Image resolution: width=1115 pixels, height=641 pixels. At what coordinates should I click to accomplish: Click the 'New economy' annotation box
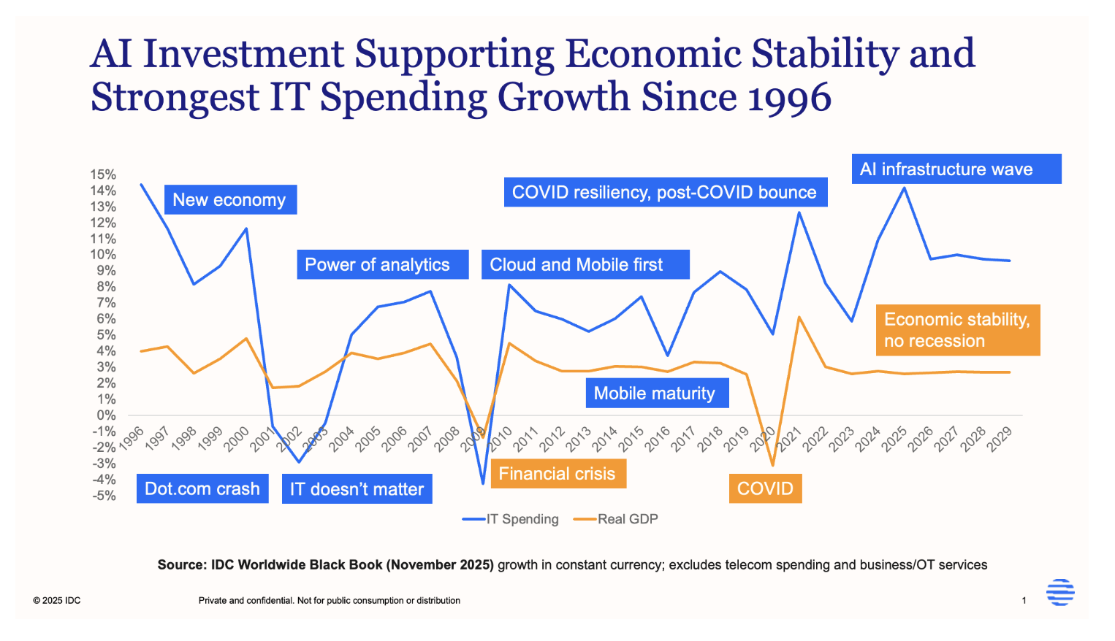pyautogui.click(x=229, y=200)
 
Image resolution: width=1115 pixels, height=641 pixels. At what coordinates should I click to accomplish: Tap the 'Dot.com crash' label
pyautogui.click(x=202, y=489)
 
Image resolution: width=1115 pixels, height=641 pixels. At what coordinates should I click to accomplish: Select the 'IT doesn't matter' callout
pyautogui.click(x=357, y=489)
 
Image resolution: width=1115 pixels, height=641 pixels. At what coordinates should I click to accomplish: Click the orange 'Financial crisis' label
pyautogui.click(x=557, y=474)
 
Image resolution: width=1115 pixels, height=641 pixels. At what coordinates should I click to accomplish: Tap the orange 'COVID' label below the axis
pyautogui.click(x=765, y=488)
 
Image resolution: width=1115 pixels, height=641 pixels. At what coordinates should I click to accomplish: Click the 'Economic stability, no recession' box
pyautogui.click(x=957, y=330)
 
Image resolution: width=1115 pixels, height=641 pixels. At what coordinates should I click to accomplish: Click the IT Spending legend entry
pyautogui.click(x=511, y=519)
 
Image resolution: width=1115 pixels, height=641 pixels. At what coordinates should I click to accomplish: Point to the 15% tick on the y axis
pyautogui.click(x=103, y=174)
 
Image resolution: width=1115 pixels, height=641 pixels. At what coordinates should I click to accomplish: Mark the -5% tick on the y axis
pyautogui.click(x=103, y=496)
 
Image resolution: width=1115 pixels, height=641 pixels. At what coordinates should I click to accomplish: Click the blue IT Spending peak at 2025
pyautogui.click(x=905, y=188)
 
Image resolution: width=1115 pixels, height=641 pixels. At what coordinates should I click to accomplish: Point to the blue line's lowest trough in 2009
pyautogui.click(x=483, y=483)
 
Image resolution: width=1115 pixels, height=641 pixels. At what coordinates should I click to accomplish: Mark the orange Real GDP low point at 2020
pyautogui.click(x=772, y=465)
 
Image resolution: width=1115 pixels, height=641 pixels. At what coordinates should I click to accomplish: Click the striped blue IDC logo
pyautogui.click(x=1060, y=592)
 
